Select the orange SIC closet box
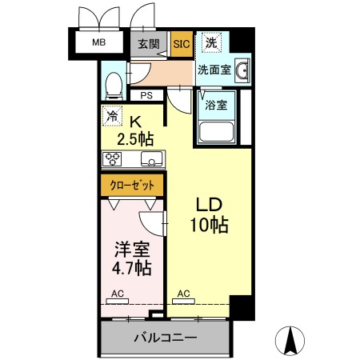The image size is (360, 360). tap(182, 45)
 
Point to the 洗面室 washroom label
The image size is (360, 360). tap(214, 70)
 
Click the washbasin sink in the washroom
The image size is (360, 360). tap(242, 70)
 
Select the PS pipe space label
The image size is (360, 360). tap(147, 96)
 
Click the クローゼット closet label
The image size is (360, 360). tap(133, 186)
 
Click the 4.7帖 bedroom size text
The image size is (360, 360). tap(132, 266)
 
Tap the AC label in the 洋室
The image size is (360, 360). tap(118, 293)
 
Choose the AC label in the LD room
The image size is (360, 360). tap(183, 293)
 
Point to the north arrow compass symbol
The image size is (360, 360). tap(291, 343)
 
